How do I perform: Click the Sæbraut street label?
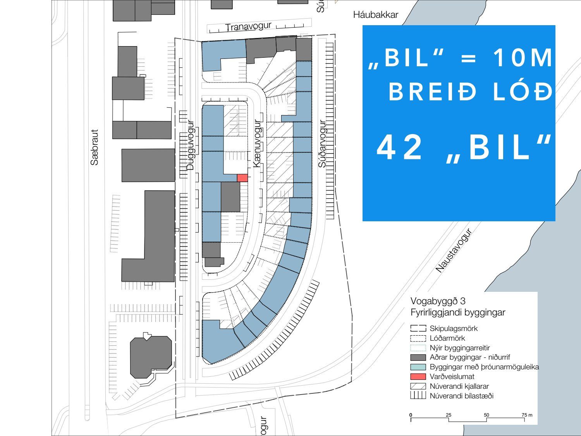coord(95,147)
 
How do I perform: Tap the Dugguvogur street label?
coord(190,145)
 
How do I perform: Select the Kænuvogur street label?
coord(257,143)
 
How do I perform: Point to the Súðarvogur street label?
coord(322,144)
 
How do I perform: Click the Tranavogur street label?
coord(248,27)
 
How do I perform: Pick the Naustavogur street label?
coord(454,250)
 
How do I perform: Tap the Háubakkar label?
coord(376,15)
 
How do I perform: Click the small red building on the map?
coord(242,178)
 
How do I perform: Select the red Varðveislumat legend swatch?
coord(418,376)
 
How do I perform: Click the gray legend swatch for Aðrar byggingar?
coord(418,357)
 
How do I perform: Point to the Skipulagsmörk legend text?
coord(454,329)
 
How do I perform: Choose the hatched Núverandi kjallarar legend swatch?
coord(418,386)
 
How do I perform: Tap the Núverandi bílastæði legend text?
coord(462,396)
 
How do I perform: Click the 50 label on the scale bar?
coord(486,415)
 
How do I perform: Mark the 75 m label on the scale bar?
coord(527,415)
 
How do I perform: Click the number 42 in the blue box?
coord(399,147)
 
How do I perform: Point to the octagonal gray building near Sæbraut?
coord(151,357)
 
